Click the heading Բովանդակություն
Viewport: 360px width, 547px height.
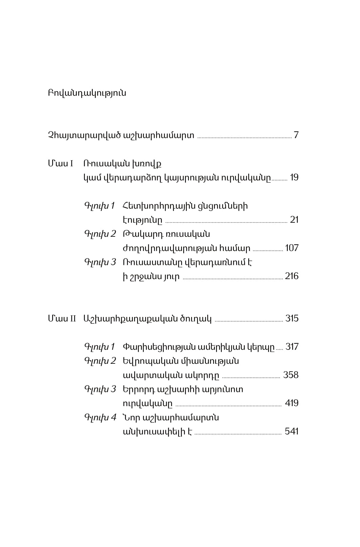(x=87, y=93)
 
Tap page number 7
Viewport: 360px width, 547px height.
(x=296, y=135)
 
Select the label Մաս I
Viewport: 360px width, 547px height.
(x=61, y=164)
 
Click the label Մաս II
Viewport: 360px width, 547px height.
(x=62, y=318)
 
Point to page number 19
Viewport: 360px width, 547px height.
(x=294, y=177)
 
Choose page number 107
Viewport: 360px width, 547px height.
(x=292, y=248)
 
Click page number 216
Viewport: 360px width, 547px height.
(x=292, y=276)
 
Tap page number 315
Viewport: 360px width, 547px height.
(x=292, y=318)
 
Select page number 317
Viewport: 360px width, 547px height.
(x=292, y=346)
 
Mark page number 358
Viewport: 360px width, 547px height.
(x=291, y=375)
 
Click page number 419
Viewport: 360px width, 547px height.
(x=292, y=403)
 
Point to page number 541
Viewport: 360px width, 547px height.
(x=292, y=431)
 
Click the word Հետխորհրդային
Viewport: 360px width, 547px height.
(x=157, y=206)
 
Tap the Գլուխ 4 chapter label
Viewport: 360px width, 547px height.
(x=100, y=417)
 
